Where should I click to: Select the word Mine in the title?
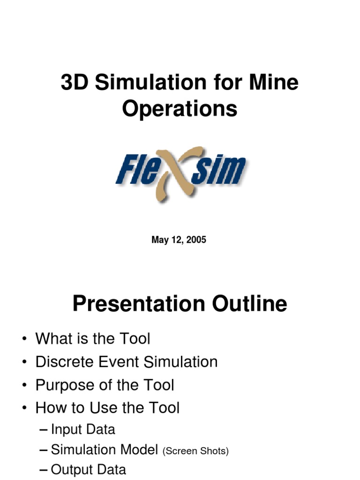pyautogui.click(x=276, y=83)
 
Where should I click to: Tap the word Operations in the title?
pyautogui.click(x=180, y=109)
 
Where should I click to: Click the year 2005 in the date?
pyautogui.click(x=195, y=240)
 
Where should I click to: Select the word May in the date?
pyautogui.click(x=159, y=240)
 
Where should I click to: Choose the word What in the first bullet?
pyautogui.click(x=53, y=338)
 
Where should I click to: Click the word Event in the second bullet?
pyautogui.click(x=121, y=362)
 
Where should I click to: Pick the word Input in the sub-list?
pyautogui.click(x=63, y=429)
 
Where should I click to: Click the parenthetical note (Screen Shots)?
pyautogui.click(x=195, y=451)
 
